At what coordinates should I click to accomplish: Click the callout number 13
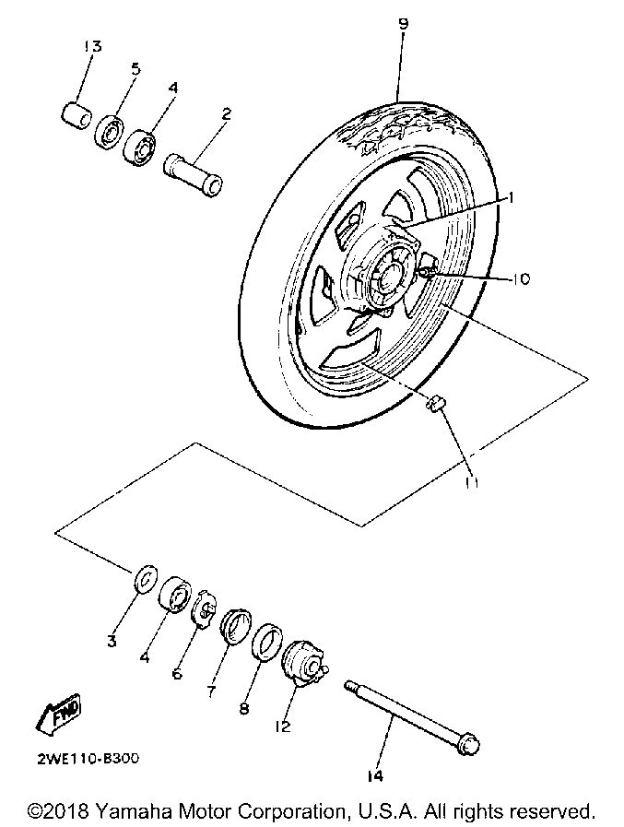(92, 46)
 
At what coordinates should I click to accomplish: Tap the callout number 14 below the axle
(374, 777)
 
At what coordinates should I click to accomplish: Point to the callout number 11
(472, 481)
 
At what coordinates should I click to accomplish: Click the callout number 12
(282, 726)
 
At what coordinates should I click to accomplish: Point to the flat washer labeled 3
(143, 580)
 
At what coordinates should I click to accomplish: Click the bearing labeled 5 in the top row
(111, 131)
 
